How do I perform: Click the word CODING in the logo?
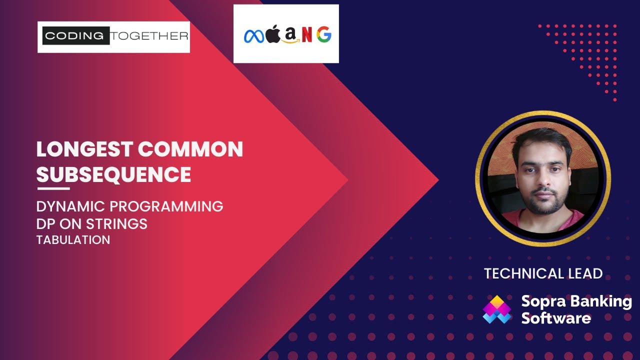[76, 36]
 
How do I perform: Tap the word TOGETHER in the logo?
[149, 36]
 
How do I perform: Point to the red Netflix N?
[307, 35]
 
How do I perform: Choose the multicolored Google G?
[323, 35]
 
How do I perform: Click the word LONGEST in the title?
[84, 149]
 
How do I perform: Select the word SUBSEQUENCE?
[113, 174]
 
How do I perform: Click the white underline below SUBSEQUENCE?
[53, 188]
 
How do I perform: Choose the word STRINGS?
[119, 224]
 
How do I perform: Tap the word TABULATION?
[73, 240]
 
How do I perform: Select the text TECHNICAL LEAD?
[543, 273]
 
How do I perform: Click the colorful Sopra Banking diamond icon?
[497, 309]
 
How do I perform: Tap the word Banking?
[603, 301]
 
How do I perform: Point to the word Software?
[556, 318]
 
